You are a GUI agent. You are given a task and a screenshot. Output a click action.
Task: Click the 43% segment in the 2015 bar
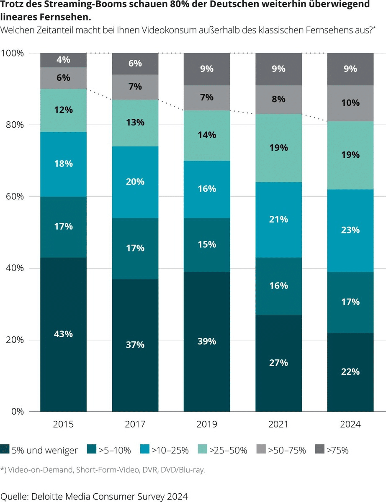point(63,334)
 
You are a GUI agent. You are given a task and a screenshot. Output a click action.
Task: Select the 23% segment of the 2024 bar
point(350,230)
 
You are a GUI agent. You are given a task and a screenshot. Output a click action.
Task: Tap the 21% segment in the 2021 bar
point(278,219)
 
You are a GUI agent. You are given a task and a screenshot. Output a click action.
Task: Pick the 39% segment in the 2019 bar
point(207,341)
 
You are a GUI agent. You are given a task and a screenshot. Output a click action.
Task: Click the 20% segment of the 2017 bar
point(135,182)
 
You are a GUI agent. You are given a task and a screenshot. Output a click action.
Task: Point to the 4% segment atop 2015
point(63,60)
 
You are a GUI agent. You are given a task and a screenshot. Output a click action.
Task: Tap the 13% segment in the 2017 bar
point(135,123)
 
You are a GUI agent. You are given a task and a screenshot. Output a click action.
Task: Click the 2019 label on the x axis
point(207,424)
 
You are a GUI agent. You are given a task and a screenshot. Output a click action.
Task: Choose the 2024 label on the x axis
point(350,424)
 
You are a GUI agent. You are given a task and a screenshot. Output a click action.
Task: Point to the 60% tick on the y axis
point(14,197)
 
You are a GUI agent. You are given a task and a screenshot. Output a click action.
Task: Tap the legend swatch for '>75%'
point(319,450)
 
